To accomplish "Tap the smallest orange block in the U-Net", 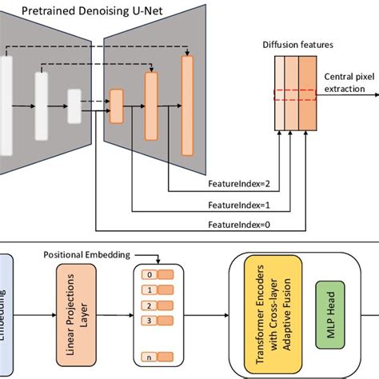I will tap(117, 102).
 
